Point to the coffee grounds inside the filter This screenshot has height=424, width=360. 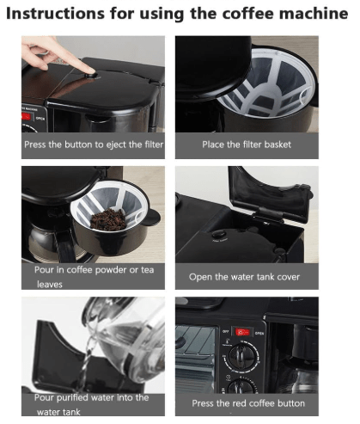(x=108, y=220)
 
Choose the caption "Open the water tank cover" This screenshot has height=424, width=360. (x=245, y=277)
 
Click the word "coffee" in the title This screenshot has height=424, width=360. (x=229, y=15)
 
